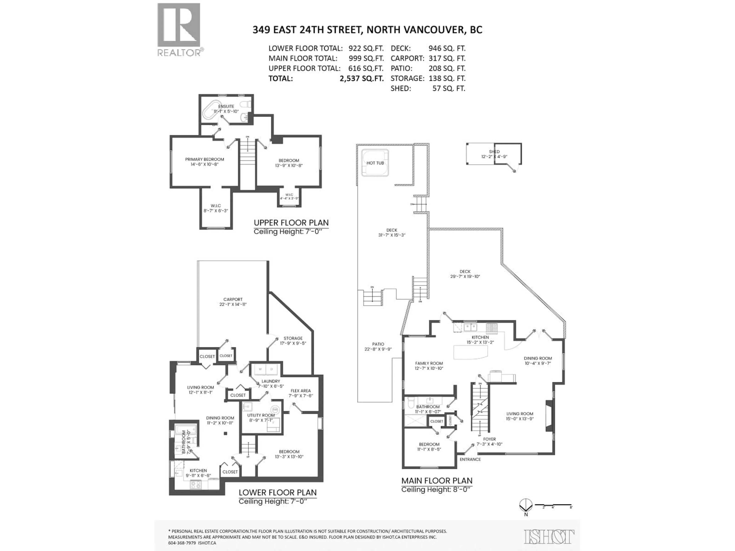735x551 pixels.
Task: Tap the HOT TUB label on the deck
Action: [375, 163]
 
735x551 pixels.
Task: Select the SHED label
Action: [494, 152]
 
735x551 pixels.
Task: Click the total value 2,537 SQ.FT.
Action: [362, 79]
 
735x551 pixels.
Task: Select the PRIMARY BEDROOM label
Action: [204, 159]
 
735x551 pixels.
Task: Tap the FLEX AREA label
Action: [300, 391]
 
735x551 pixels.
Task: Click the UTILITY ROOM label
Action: [261, 415]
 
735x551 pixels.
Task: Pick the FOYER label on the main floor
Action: [489, 439]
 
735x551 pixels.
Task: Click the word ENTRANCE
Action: [470, 459]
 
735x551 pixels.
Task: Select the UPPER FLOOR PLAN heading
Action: [291, 223]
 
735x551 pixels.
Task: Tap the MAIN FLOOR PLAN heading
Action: [437, 481]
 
